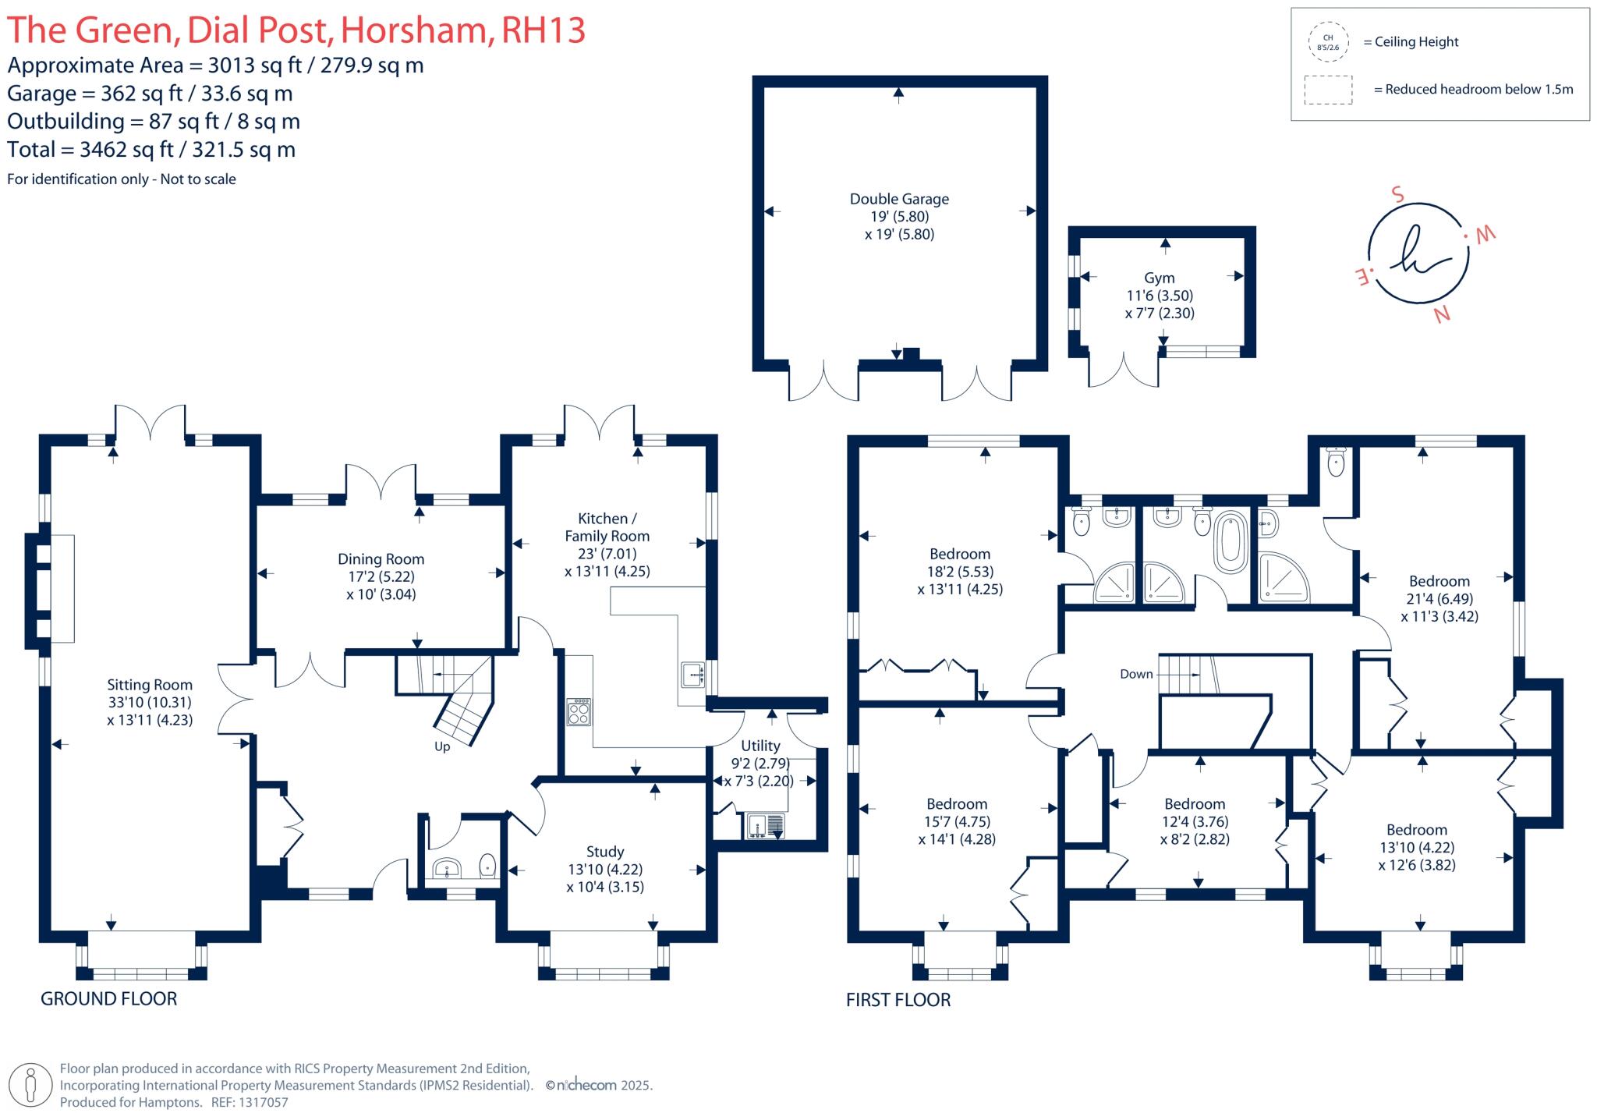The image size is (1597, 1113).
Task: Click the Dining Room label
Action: [381, 559]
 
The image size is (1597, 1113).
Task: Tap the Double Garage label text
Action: [899, 199]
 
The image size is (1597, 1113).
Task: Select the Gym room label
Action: [1159, 278]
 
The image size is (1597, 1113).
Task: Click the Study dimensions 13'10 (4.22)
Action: [605, 869]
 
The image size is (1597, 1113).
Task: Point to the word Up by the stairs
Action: [442, 746]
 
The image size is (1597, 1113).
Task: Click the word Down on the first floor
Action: [1135, 674]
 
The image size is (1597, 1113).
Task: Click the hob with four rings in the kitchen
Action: [579, 711]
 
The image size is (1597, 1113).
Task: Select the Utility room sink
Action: [765, 825]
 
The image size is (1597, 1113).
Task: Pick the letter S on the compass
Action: [1397, 193]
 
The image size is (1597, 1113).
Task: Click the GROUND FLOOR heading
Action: [108, 998]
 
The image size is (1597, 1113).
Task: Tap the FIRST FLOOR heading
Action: [898, 1000]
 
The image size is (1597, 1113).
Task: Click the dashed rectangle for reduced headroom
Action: [1328, 90]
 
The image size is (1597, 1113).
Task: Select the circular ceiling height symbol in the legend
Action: [1328, 42]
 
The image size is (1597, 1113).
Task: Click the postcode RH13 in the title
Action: [543, 30]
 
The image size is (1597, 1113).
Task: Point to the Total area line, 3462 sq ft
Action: [151, 150]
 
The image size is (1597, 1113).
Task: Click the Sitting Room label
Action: [150, 685]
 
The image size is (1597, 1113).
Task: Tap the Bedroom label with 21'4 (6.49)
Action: [1439, 581]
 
